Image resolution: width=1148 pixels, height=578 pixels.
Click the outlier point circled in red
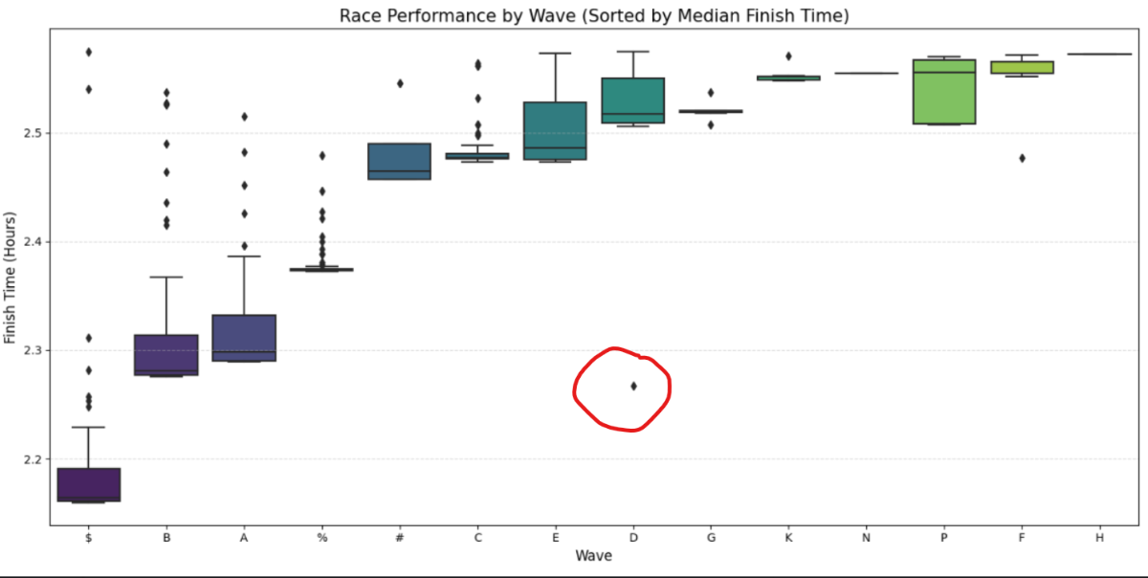[633, 386]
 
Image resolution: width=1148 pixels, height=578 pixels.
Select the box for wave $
[89, 484]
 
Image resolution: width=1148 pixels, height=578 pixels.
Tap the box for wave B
[166, 354]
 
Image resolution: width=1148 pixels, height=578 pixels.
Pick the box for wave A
[245, 337]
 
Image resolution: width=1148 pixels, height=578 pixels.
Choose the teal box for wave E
[555, 130]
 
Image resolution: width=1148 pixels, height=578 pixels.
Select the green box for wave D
[633, 100]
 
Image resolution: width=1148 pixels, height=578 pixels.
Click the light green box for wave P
[944, 92]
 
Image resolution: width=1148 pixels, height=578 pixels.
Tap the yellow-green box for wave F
[1022, 67]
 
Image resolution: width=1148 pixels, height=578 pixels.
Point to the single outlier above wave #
[400, 83]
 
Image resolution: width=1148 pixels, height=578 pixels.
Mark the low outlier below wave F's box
[1022, 158]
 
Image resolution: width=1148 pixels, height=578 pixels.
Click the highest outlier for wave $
[89, 52]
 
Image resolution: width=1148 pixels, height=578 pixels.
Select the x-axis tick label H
[1099, 538]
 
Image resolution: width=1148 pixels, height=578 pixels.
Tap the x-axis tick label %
[322, 538]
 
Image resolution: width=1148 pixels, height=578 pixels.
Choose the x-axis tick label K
[788, 538]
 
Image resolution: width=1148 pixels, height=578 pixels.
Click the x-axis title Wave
[593, 556]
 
